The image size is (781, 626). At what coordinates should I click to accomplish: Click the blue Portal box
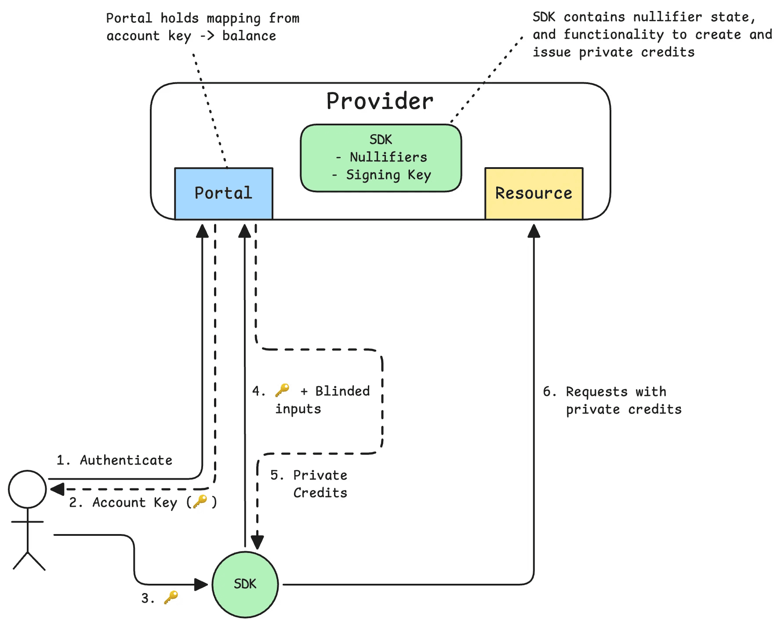[224, 194]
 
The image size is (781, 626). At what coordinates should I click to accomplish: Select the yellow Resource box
[534, 194]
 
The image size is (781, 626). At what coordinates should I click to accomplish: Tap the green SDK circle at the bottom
[245, 584]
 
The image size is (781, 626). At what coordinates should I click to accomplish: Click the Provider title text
[380, 102]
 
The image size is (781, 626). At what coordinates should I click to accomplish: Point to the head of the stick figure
[27, 489]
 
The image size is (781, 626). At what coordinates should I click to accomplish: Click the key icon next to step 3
[171, 597]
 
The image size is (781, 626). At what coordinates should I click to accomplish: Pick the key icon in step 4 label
[282, 390]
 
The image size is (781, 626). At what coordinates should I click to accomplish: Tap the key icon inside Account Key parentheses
[200, 501]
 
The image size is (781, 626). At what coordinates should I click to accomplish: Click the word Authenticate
[126, 460]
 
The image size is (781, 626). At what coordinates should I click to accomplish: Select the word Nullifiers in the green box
[389, 157]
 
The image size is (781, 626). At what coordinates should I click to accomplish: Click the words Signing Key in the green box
[389, 175]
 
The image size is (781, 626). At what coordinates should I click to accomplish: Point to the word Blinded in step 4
[342, 391]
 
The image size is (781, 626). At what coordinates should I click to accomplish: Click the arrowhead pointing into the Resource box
[534, 231]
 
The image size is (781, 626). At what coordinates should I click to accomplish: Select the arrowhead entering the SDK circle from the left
[201, 585]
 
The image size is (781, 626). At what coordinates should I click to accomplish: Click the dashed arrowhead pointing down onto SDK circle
[257, 542]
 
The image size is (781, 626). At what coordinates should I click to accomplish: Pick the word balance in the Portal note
[249, 36]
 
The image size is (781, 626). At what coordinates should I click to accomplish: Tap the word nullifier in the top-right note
[667, 17]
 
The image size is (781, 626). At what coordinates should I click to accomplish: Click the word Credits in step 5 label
[320, 493]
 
